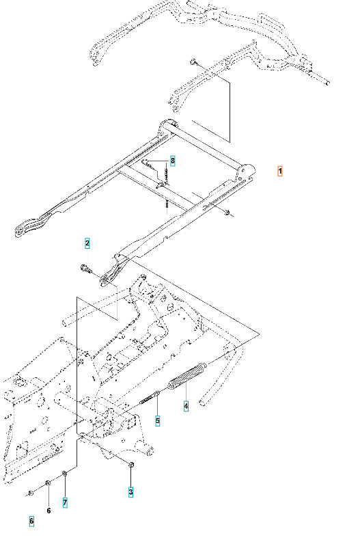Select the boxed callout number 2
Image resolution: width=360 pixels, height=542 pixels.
pyautogui.click(x=87, y=243)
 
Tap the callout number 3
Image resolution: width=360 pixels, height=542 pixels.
pyautogui.click(x=131, y=491)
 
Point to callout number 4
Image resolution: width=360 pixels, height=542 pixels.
pyautogui.click(x=186, y=407)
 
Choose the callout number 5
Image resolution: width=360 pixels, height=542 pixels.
pyautogui.click(x=157, y=420)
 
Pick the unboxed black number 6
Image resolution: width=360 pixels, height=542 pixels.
pyautogui.click(x=49, y=510)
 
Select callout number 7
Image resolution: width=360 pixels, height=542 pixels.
pyautogui.click(x=65, y=502)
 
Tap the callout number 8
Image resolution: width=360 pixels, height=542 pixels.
pyautogui.click(x=173, y=161)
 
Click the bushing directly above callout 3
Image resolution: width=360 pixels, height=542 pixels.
pyautogui.click(x=130, y=465)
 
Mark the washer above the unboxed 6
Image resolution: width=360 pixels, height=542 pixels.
pyautogui.click(x=48, y=484)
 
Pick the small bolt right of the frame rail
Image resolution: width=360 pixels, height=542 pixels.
pyautogui.click(x=226, y=214)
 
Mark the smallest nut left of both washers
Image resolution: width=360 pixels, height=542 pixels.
pyautogui.click(x=31, y=492)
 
